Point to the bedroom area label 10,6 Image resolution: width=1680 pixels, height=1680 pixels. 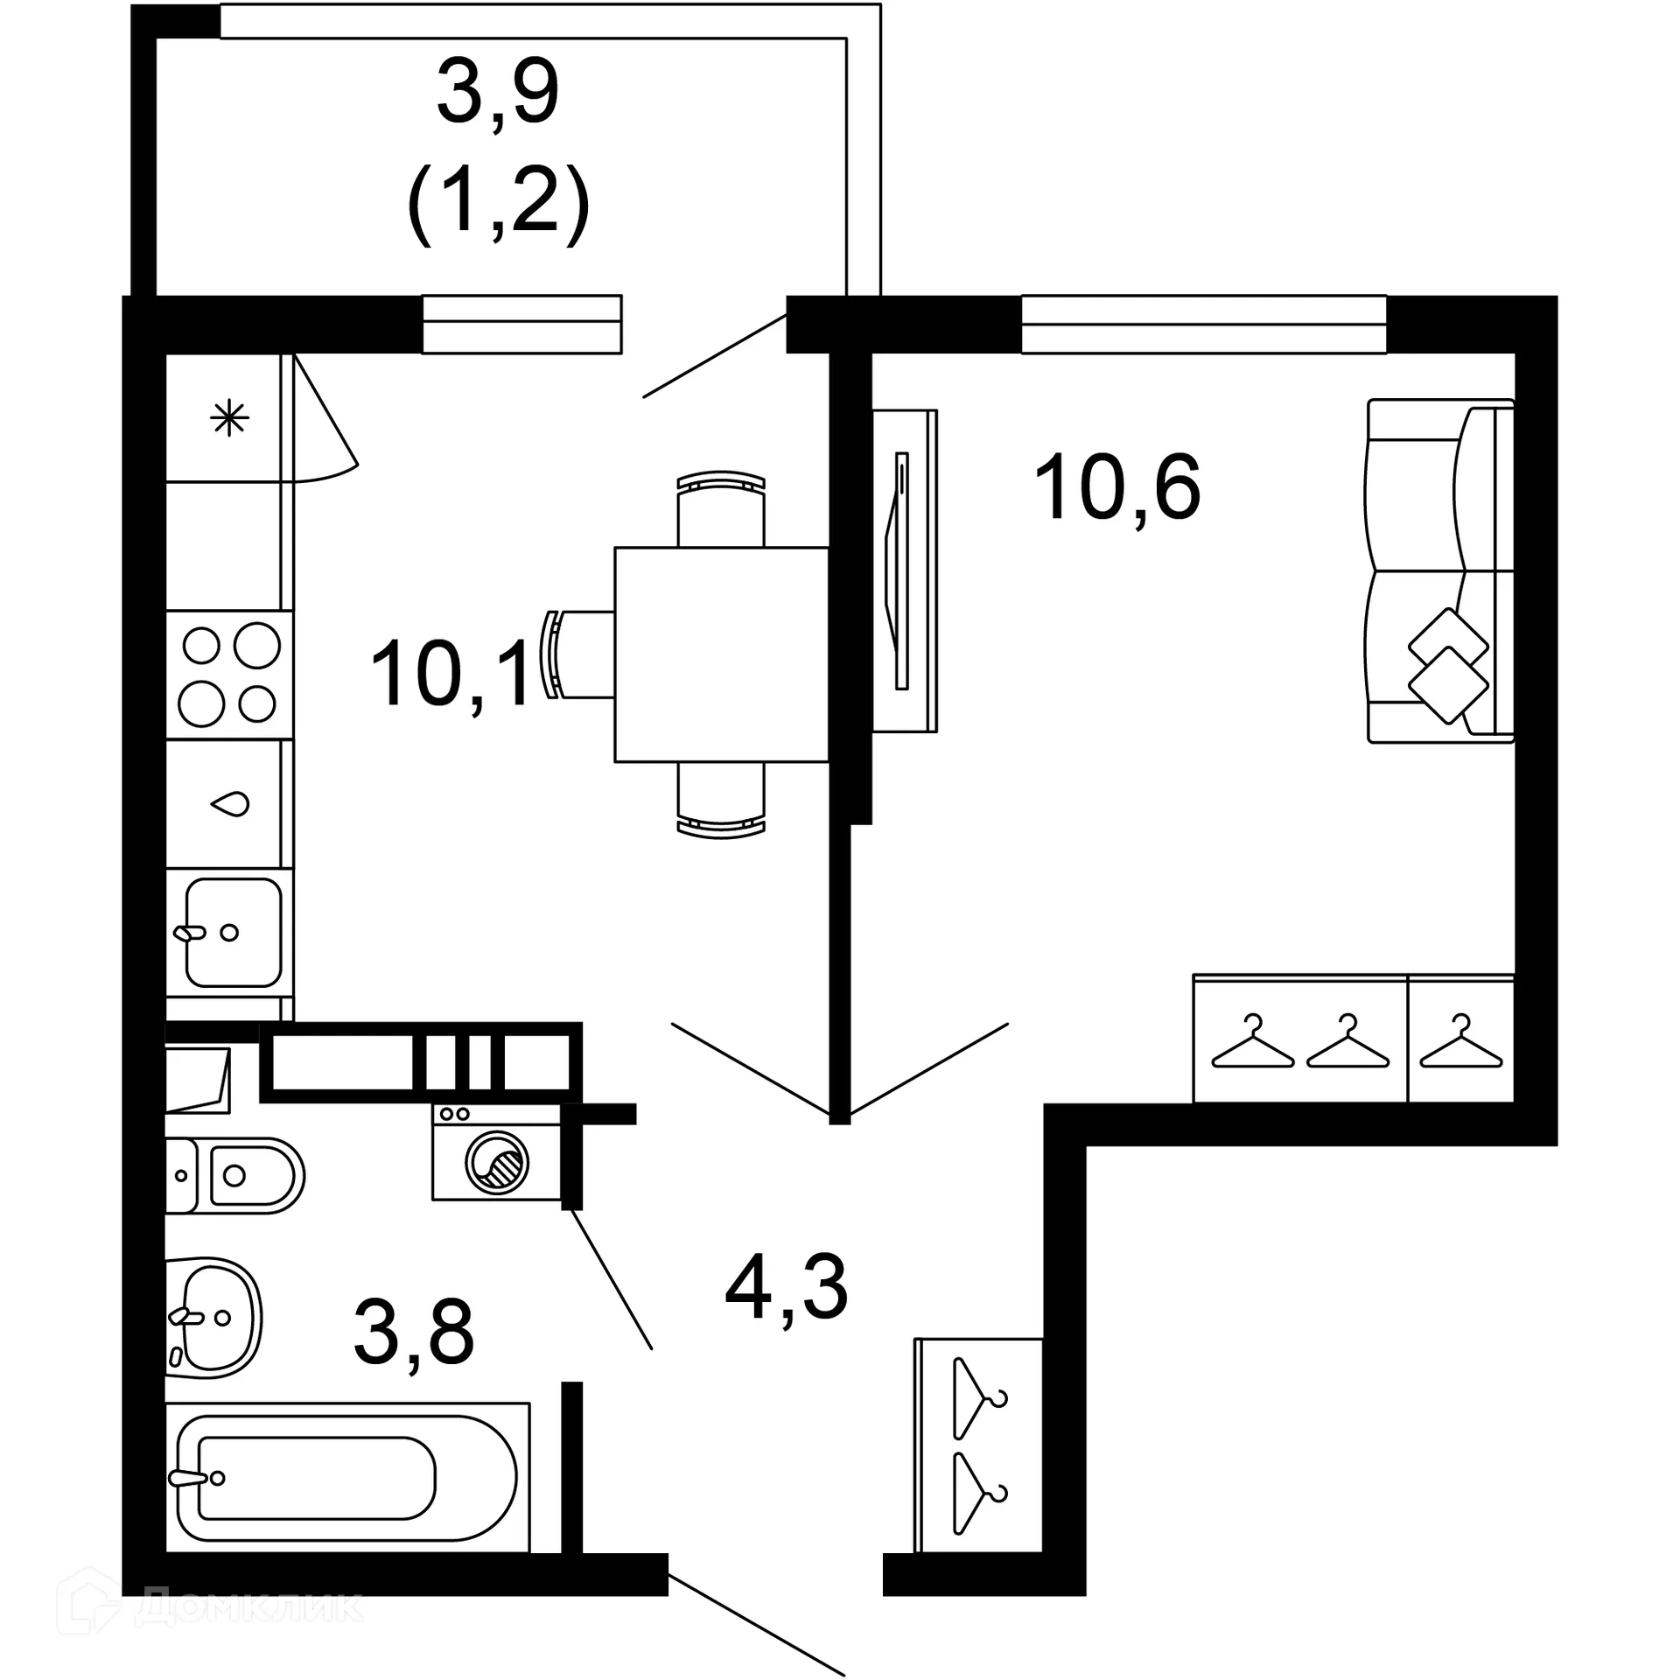pyautogui.click(x=1116, y=488)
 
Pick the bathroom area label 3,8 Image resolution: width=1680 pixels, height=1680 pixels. pyautogui.click(x=414, y=1332)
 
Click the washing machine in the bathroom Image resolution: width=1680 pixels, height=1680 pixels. pyautogui.click(x=496, y=1151)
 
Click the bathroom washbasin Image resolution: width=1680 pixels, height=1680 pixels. pyautogui.click(x=214, y=1316)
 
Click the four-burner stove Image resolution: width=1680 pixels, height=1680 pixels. pyautogui.click(x=229, y=674)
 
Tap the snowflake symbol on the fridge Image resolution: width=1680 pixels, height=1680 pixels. pyautogui.click(x=229, y=418)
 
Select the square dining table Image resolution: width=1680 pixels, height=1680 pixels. pyautogui.click(x=721, y=654)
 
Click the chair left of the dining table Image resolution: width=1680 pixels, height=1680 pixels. pyautogui.click(x=581, y=654)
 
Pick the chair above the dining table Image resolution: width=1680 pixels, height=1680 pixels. pyautogui.click(x=721, y=509)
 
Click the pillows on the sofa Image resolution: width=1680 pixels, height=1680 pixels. pyautogui.click(x=1448, y=666)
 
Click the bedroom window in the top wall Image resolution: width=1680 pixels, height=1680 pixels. pyautogui.click(x=1203, y=325)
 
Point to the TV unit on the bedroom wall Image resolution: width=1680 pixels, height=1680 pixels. pyautogui.click(x=905, y=570)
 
